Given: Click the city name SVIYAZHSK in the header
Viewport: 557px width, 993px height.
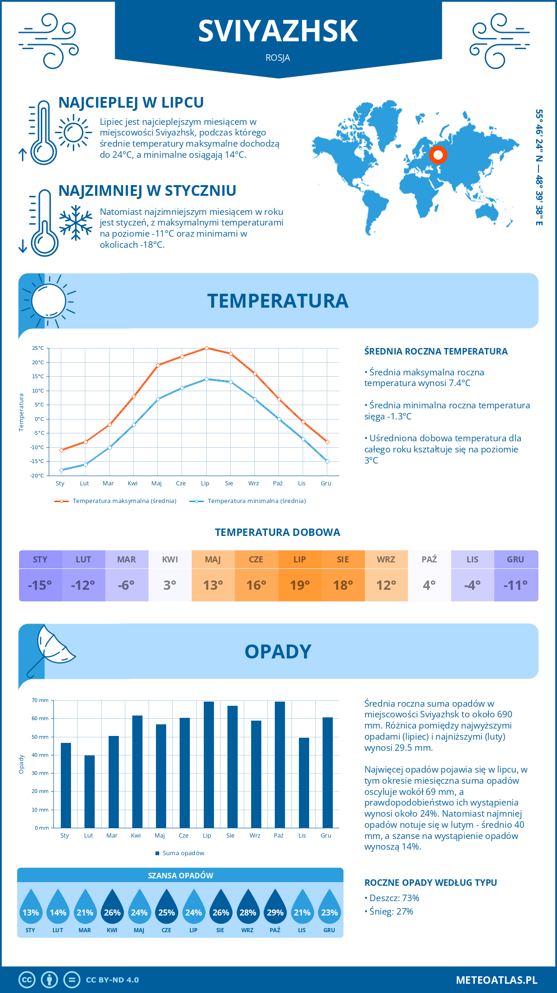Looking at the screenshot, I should (x=278, y=31).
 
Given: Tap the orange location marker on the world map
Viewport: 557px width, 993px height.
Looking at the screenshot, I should (x=438, y=155).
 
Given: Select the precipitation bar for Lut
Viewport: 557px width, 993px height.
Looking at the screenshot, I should (x=89, y=791).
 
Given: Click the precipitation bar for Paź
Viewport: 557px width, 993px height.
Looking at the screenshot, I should (x=279, y=764).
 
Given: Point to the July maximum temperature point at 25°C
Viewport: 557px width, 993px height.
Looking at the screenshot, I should (x=207, y=348).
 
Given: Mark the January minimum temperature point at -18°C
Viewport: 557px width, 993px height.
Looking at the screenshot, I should (x=61, y=470).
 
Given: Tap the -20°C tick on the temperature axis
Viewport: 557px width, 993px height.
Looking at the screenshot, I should (x=38, y=476).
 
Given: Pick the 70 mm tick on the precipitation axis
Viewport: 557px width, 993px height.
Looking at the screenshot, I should (x=40, y=700).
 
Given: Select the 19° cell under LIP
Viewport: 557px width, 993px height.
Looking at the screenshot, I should (x=299, y=585).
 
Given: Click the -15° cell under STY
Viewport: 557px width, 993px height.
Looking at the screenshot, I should (x=40, y=585).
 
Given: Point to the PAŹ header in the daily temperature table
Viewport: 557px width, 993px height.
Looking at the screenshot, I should (x=429, y=560).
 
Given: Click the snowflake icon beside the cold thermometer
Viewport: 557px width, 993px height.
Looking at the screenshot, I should (x=76, y=223).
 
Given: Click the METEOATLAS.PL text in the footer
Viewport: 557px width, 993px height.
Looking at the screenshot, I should (x=496, y=980).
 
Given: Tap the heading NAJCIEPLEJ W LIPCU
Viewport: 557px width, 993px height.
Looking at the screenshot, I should (x=131, y=103).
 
